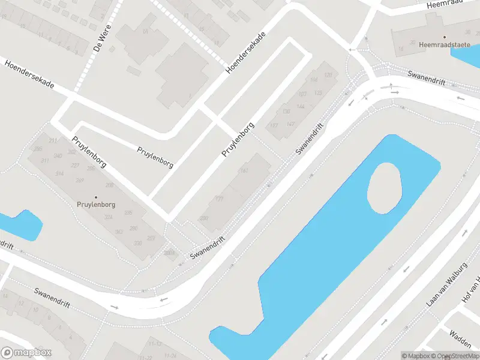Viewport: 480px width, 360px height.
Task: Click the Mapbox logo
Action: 26,353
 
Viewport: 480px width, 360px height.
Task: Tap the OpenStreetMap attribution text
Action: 455,356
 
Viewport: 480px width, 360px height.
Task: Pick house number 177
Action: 220,199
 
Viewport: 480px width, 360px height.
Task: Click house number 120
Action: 328,75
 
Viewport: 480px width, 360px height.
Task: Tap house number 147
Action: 291,124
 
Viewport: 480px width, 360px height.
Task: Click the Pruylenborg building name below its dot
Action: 95,205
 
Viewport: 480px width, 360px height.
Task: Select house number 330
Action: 137,243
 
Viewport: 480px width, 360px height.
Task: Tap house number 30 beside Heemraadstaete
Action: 412,43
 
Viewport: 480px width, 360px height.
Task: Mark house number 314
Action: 59,173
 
